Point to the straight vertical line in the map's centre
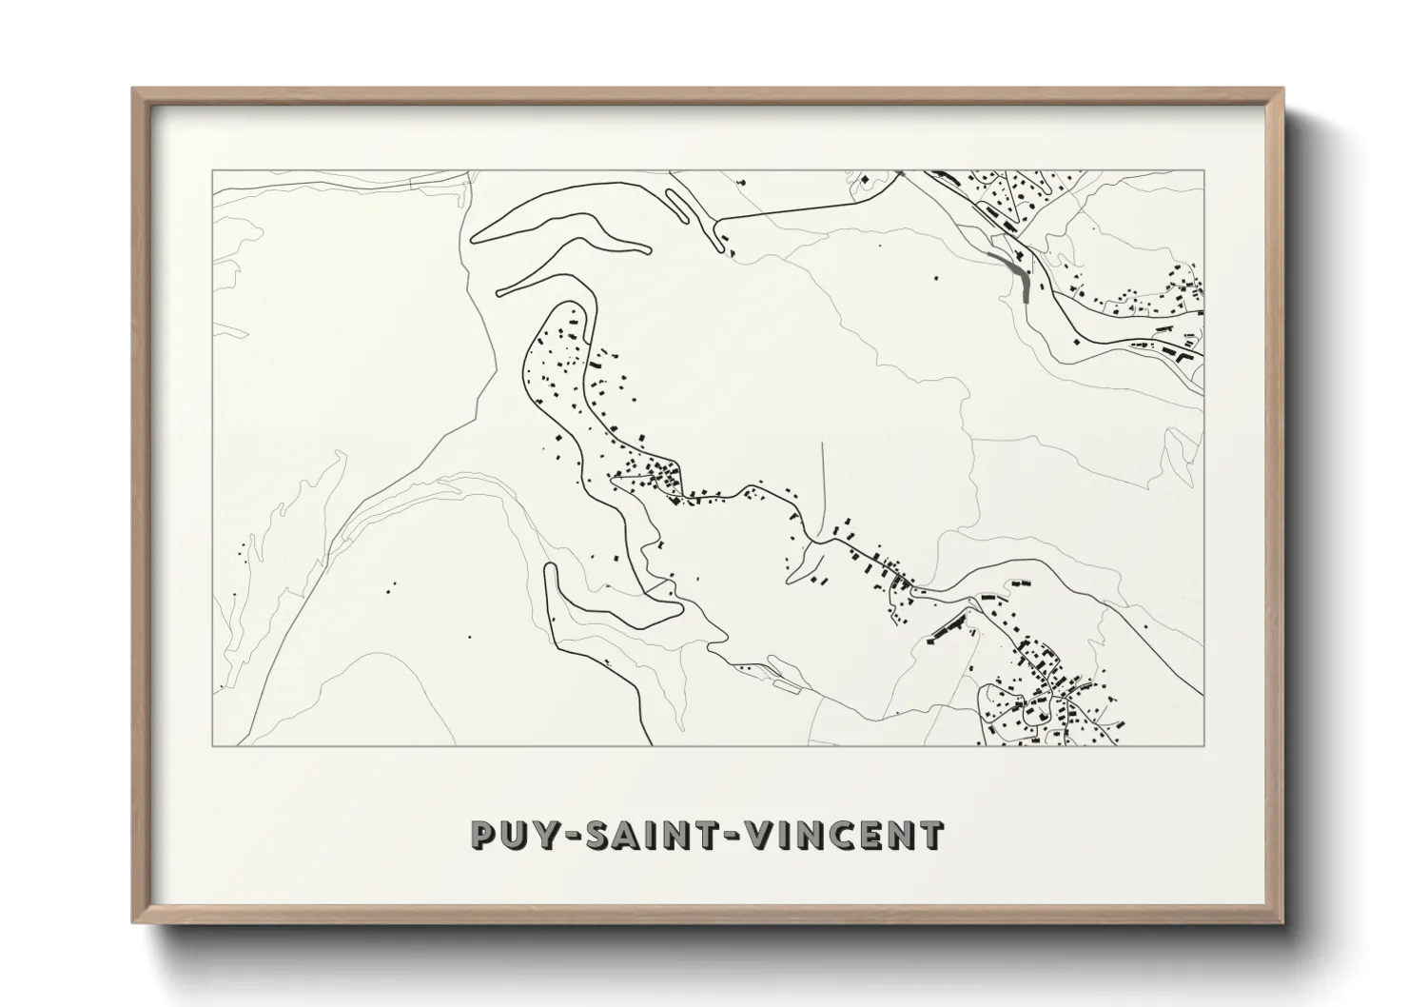coord(823,485)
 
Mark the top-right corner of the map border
coord(1203,171)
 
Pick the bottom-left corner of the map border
coord(213,744)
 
